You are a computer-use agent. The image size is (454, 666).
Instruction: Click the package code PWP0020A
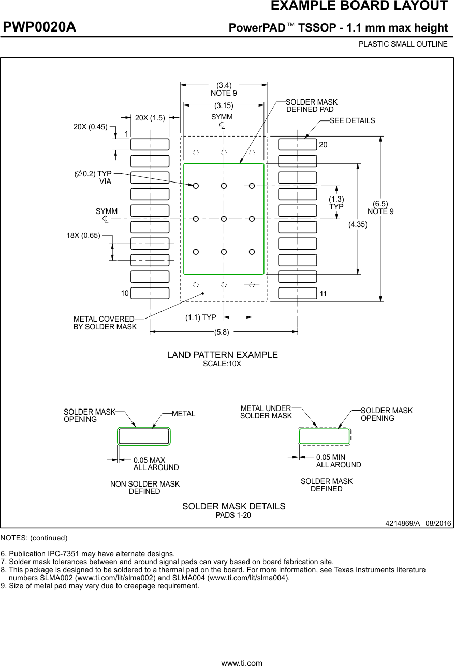point(39,27)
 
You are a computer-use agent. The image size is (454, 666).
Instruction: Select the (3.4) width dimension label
point(224,85)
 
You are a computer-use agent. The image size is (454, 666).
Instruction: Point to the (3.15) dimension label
point(224,106)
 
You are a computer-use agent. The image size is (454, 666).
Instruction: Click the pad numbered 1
point(150,144)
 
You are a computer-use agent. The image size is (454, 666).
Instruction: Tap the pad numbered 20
point(298,144)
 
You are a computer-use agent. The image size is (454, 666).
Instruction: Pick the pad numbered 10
point(150,293)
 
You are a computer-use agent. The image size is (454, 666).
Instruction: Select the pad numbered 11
point(298,293)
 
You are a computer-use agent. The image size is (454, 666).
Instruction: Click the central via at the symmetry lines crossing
point(224,219)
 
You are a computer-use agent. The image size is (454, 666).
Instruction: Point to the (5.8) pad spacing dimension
point(222,332)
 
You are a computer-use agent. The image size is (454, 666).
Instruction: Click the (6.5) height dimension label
point(380,204)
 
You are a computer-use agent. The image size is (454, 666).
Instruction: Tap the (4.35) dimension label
point(357,224)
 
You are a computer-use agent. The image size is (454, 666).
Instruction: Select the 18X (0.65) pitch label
point(83,235)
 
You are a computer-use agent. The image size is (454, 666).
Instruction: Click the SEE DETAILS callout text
point(352,120)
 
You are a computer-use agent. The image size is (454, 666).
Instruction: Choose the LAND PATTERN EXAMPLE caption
point(222,355)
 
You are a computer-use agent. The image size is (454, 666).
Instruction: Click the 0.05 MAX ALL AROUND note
point(156,464)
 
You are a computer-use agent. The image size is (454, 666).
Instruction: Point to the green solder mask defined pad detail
point(325,436)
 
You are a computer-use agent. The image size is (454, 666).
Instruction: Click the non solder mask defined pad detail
point(143,436)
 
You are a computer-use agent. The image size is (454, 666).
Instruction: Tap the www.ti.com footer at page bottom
point(242,662)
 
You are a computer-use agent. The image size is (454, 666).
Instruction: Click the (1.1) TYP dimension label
point(201,317)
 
